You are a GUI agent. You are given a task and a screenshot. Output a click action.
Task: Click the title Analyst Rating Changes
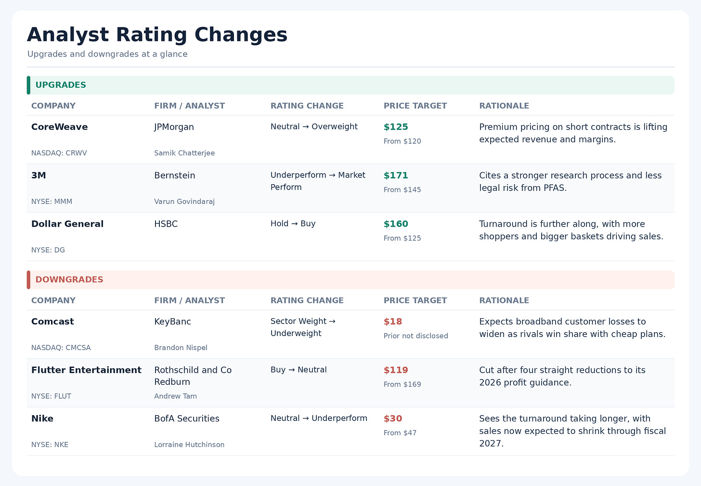(x=157, y=34)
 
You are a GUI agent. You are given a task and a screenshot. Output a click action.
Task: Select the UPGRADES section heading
(x=61, y=85)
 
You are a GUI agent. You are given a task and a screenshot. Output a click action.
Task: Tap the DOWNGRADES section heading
(x=69, y=280)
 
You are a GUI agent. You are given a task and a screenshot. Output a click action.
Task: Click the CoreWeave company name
(x=60, y=127)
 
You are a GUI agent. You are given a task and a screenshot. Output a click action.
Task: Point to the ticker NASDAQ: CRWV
(x=59, y=153)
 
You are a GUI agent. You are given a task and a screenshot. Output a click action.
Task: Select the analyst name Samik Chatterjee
(x=184, y=153)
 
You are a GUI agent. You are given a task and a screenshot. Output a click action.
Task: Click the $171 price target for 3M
(x=396, y=175)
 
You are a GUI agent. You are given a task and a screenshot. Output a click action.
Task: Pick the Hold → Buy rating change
(x=293, y=223)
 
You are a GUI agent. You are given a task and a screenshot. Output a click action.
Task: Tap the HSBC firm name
(x=166, y=224)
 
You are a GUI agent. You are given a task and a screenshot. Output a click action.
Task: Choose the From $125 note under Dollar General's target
(x=402, y=238)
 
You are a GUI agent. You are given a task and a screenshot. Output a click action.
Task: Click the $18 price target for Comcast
(x=393, y=322)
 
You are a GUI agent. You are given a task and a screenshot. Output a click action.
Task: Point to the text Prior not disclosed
(x=416, y=336)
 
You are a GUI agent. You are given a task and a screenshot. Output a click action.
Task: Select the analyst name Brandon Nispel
(x=181, y=348)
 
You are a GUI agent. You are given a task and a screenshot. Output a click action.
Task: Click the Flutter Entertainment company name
(x=86, y=370)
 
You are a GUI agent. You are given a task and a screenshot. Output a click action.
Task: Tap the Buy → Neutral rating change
(x=299, y=370)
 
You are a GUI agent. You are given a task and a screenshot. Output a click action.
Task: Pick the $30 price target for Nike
(x=393, y=418)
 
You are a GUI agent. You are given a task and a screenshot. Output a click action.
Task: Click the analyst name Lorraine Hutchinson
(x=189, y=445)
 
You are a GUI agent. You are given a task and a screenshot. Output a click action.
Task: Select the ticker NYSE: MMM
(x=52, y=202)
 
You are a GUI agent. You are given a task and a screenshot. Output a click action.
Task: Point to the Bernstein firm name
(x=175, y=175)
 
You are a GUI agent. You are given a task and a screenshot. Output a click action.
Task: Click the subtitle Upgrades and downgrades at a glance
(x=107, y=54)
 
